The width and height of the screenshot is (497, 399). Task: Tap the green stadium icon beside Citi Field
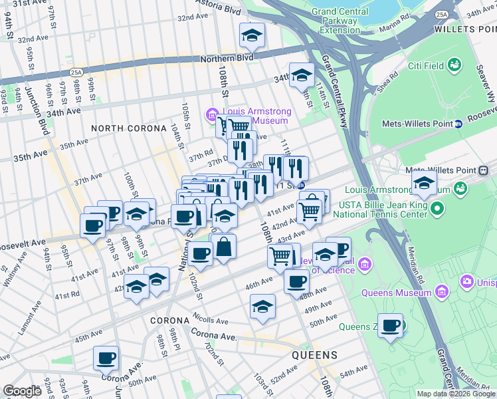pyautogui.click(x=454, y=65)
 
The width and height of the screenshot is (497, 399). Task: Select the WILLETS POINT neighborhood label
pyautogui.click(x=464, y=29)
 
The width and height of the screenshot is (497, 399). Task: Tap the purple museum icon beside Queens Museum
pyautogui.click(x=441, y=291)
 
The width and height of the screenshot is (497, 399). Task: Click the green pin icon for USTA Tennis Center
pyautogui.click(x=437, y=209)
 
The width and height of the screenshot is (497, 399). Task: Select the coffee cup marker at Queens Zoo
pyautogui.click(x=391, y=326)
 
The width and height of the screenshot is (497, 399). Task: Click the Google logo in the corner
pyautogui.click(x=22, y=391)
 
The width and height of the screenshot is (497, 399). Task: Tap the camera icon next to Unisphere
pyautogui.click(x=466, y=283)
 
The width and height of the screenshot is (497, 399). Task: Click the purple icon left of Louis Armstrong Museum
pyautogui.click(x=213, y=113)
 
